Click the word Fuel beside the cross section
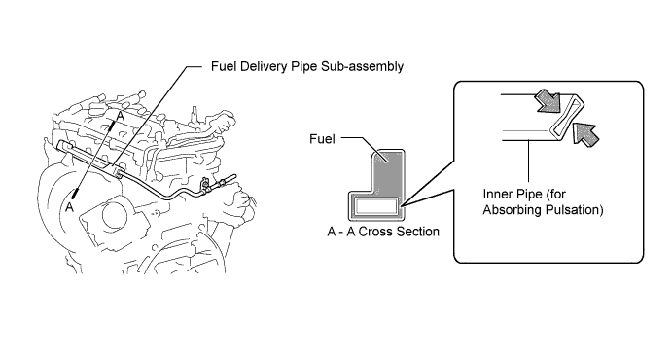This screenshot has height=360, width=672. [322, 139]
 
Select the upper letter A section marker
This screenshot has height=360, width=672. [121, 116]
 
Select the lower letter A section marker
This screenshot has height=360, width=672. [69, 207]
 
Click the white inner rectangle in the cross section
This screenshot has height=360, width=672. [375, 205]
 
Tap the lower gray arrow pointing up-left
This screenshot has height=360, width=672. [585, 132]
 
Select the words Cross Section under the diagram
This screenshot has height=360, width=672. [399, 232]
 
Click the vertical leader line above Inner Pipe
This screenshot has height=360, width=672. [529, 162]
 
